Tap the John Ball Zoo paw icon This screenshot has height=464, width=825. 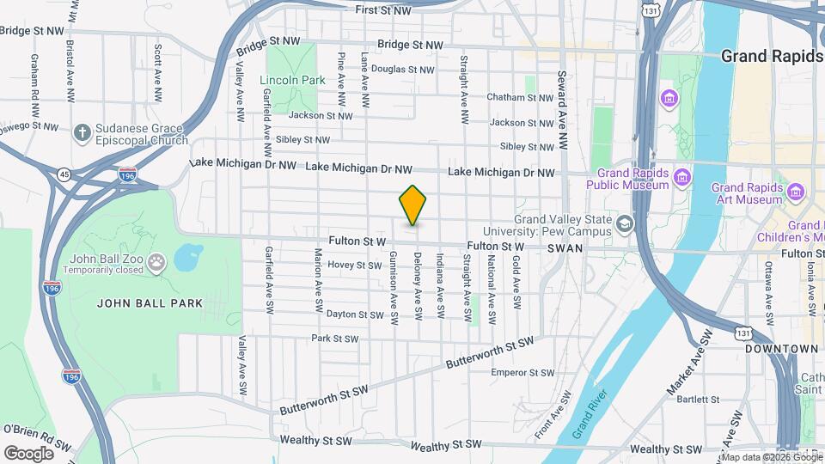(156, 260)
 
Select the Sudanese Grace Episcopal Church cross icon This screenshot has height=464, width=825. (82, 132)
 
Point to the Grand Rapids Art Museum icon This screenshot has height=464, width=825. (796, 191)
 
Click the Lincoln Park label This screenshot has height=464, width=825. (292, 80)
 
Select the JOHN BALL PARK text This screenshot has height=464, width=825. (150, 302)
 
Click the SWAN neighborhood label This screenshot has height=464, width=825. (565, 247)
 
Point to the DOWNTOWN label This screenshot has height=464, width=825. (780, 349)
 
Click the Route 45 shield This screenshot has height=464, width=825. (64, 174)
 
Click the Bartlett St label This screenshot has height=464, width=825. (697, 399)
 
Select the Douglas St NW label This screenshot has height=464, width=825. (402, 70)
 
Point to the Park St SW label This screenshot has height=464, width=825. (334, 339)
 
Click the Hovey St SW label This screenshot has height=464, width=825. (354, 266)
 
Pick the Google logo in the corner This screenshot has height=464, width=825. (28, 453)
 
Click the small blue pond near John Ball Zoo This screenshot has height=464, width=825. (187, 257)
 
